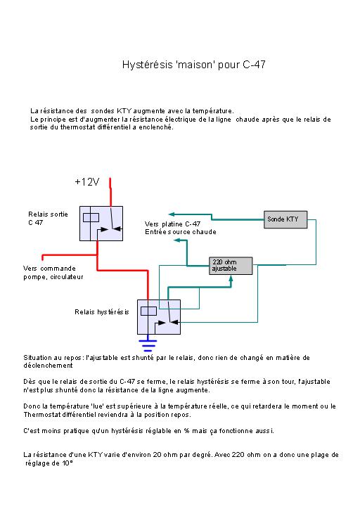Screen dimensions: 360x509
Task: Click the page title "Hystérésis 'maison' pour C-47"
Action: click(x=194, y=65)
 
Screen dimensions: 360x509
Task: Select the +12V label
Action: click(x=87, y=182)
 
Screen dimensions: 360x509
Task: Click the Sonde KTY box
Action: click(x=285, y=219)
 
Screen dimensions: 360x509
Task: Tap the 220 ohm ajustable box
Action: click(x=231, y=266)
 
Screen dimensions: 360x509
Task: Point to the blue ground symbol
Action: click(x=148, y=345)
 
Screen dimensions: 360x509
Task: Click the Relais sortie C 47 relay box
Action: click(x=101, y=224)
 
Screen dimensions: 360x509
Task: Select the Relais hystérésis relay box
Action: click(x=159, y=317)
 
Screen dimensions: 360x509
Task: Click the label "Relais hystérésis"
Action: click(x=102, y=312)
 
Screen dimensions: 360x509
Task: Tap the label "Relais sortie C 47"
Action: click(x=48, y=218)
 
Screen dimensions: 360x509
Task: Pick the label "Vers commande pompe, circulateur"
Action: click(x=53, y=273)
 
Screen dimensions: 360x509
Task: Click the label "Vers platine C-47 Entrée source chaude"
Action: click(x=181, y=228)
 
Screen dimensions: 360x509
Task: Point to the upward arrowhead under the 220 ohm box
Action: click(x=231, y=279)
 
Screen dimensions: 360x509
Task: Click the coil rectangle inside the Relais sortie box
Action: click(x=91, y=217)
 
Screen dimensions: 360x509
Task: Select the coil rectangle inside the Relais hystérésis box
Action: click(x=148, y=311)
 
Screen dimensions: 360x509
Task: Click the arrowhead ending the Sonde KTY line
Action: click(x=172, y=214)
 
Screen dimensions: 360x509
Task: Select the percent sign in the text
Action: click(x=186, y=431)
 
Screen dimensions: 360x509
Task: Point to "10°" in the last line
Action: click(x=67, y=463)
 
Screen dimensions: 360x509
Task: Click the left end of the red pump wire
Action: click(x=42, y=258)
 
